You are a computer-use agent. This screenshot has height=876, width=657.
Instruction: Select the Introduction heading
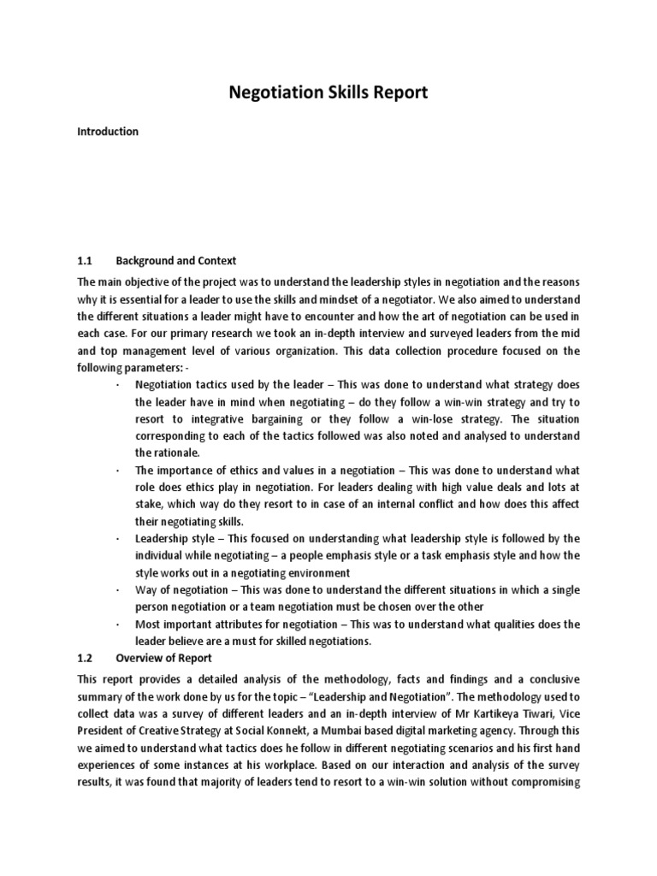point(108,133)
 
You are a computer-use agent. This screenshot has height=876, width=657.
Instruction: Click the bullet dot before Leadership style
point(116,539)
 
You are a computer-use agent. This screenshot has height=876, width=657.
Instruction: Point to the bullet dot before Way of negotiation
point(116,591)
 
